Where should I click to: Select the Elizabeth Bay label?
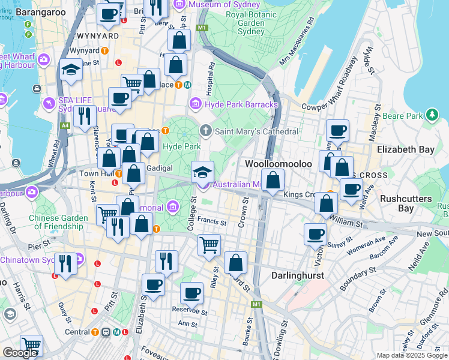coord(411,149)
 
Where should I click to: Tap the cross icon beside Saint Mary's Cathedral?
coord(205,131)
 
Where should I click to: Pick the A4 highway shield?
coord(64,125)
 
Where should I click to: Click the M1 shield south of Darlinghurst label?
coord(257,305)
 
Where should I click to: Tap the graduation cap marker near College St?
coord(202,172)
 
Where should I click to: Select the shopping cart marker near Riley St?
coord(209,244)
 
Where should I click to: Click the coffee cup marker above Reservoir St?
coord(191,293)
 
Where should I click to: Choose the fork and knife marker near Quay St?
coord(65,263)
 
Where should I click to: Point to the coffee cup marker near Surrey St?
coord(315,234)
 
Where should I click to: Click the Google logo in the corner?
coord(20,353)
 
